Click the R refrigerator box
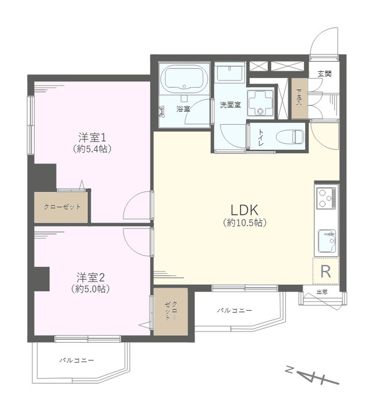pos(326,271)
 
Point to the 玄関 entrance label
pos(324,73)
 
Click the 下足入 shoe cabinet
pos(299,99)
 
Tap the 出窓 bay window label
pos(323,292)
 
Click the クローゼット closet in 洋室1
pos(62,207)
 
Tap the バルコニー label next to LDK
pos(234,311)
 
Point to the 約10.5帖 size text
pos(245,223)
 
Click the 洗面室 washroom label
pos(230,104)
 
